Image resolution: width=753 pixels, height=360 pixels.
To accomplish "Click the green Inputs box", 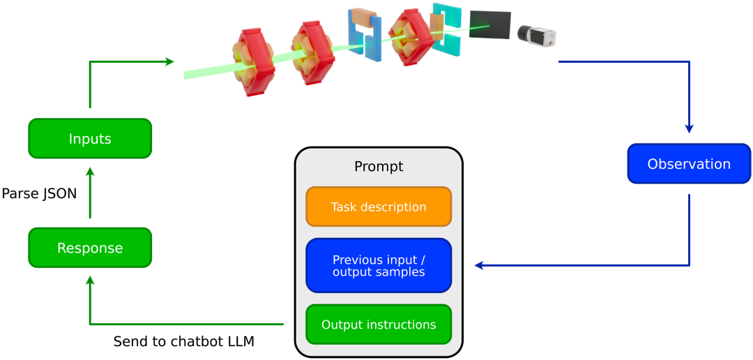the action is [90, 138].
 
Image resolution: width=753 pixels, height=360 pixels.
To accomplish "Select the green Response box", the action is [90, 248].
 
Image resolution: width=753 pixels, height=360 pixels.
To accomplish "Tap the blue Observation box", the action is [689, 163].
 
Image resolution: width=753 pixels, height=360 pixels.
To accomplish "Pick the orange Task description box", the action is [379, 207].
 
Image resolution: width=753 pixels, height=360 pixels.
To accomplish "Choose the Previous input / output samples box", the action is [379, 265].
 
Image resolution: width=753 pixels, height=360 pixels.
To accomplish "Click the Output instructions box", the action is [379, 324].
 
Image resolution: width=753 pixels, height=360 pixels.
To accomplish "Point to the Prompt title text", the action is [379, 167].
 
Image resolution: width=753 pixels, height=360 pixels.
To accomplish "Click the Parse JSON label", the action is [39, 193].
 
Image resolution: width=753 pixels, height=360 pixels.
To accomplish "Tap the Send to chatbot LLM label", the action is [184, 342].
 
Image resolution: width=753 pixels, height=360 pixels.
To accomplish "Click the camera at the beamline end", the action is [537, 34].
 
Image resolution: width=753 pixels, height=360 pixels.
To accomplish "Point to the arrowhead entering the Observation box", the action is [689, 129].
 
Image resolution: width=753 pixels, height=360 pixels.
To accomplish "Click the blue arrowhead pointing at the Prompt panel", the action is [479, 265].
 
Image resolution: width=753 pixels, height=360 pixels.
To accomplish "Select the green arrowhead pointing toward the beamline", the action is [169, 61].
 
